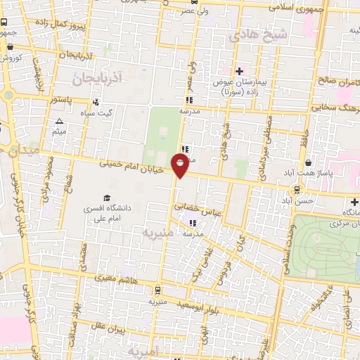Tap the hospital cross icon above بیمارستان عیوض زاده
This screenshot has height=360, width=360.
pyautogui.click(x=240, y=71)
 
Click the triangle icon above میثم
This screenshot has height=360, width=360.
pyautogui.click(x=59, y=122)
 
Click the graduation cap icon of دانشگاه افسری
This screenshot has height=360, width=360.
pyautogui.click(x=107, y=198)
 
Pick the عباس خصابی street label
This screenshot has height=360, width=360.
pyautogui.click(x=200, y=209)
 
